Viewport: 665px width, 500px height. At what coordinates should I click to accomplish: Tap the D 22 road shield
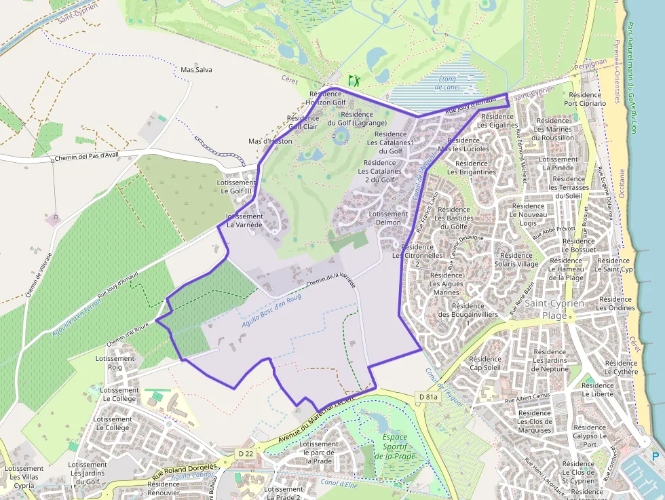(x=245, y=453)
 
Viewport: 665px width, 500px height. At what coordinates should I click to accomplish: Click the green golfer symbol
(x=354, y=80)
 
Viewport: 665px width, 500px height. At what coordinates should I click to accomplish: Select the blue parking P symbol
(x=655, y=457)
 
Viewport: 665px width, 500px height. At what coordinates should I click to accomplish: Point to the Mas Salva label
(x=196, y=70)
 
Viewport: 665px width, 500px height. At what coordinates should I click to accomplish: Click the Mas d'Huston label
(x=270, y=141)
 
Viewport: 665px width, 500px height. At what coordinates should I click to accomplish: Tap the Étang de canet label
(x=447, y=83)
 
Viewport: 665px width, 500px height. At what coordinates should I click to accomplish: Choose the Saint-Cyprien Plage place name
(x=554, y=309)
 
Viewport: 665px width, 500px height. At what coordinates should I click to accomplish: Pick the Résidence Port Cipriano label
(x=584, y=99)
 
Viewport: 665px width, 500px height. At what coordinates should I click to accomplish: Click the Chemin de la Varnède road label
(x=330, y=282)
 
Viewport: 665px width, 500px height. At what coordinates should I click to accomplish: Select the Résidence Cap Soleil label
(x=484, y=364)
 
